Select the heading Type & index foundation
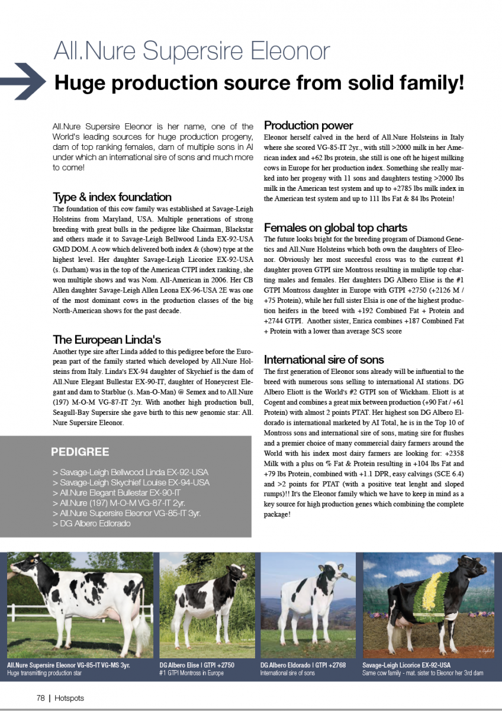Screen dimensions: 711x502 [112, 197]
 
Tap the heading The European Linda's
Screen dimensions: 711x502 [107, 340]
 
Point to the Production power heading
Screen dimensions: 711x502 [308, 126]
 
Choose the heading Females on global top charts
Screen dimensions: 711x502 [335, 228]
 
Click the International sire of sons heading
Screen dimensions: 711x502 [323, 360]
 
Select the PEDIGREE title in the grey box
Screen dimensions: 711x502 [80, 452]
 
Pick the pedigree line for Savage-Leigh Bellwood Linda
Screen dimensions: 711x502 [130, 472]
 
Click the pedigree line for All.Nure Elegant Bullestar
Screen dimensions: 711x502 [116, 493]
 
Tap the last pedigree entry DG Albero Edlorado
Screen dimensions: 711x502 [95, 523]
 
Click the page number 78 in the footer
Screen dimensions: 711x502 [41, 698]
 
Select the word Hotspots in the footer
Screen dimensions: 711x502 [69, 698]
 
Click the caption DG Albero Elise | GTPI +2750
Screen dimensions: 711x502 [197, 665]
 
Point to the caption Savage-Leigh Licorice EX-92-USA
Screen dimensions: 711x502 [406, 665]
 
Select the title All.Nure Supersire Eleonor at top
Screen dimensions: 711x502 [191, 52]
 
